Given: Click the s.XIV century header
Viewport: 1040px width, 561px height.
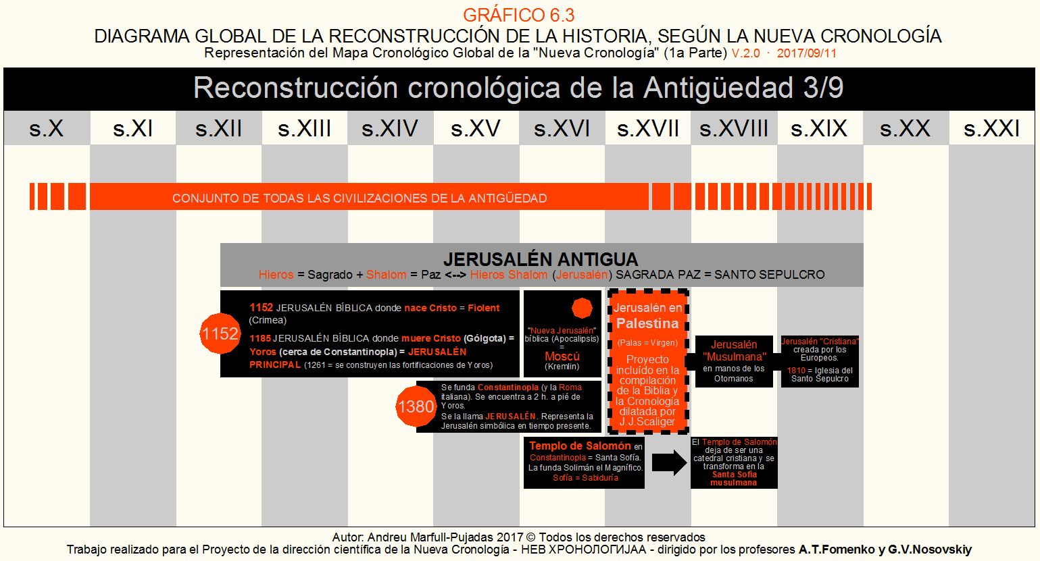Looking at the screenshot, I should click(390, 128).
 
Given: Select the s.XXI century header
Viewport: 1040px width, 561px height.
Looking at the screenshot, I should click(991, 128).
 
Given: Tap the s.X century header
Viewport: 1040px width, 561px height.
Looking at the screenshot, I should click(46, 128).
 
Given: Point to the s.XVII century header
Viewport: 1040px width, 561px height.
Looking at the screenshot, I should click(647, 128).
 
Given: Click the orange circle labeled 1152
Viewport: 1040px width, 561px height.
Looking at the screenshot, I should click(220, 333).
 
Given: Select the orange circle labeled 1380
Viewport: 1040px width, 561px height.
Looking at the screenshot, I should click(416, 406).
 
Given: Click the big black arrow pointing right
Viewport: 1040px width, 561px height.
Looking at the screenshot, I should click(669, 463).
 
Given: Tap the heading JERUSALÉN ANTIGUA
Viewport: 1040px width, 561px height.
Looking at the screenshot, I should click(541, 259).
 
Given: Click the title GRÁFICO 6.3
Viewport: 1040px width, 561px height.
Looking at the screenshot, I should click(518, 15).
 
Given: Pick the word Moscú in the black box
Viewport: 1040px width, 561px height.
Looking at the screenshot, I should click(562, 356).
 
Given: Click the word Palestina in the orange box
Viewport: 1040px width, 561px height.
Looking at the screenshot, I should click(647, 323).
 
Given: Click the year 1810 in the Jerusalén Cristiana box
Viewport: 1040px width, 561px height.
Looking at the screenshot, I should click(796, 371).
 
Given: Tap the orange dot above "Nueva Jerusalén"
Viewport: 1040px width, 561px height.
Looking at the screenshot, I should click(582, 308).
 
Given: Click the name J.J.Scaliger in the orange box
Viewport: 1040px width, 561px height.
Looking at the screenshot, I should click(647, 422).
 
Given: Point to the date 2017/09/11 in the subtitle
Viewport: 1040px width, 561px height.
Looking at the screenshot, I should click(807, 53).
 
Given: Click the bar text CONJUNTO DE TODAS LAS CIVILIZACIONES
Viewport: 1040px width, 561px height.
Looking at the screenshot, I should click(359, 198).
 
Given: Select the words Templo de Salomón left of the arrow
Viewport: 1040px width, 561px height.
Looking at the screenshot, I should click(580, 446).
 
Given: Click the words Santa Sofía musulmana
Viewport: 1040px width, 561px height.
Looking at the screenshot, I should click(734, 479).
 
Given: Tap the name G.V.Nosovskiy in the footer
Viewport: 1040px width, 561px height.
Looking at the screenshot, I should click(930, 550).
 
